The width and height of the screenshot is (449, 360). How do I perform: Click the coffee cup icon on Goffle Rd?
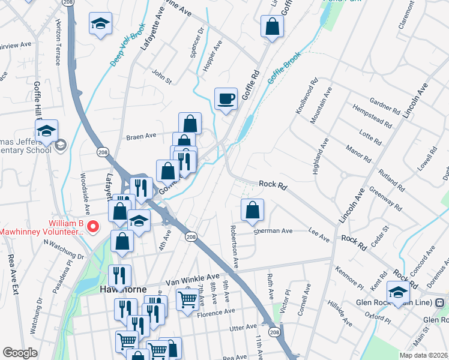(226, 98)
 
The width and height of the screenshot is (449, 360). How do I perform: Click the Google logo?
(20, 353)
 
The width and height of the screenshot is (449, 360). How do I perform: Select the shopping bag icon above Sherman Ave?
(253, 210)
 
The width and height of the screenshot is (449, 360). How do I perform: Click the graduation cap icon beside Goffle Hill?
(46, 131)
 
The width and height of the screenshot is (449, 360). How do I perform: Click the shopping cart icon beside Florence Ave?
(187, 298)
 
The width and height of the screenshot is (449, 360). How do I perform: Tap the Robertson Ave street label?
(234, 246)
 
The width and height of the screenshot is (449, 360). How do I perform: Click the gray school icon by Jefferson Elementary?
(61, 145)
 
